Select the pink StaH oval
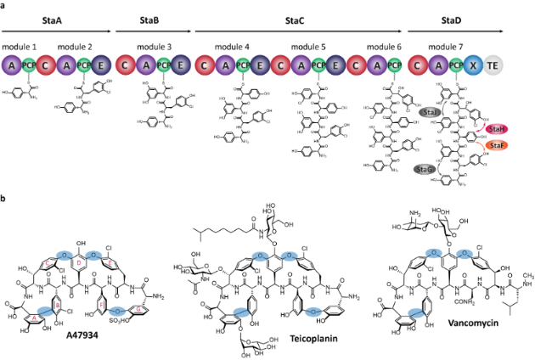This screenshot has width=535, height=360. point(497,127)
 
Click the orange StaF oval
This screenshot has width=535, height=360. point(497,147)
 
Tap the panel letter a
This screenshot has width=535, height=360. point(5,5)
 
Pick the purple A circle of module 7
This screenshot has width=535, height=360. point(437,64)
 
